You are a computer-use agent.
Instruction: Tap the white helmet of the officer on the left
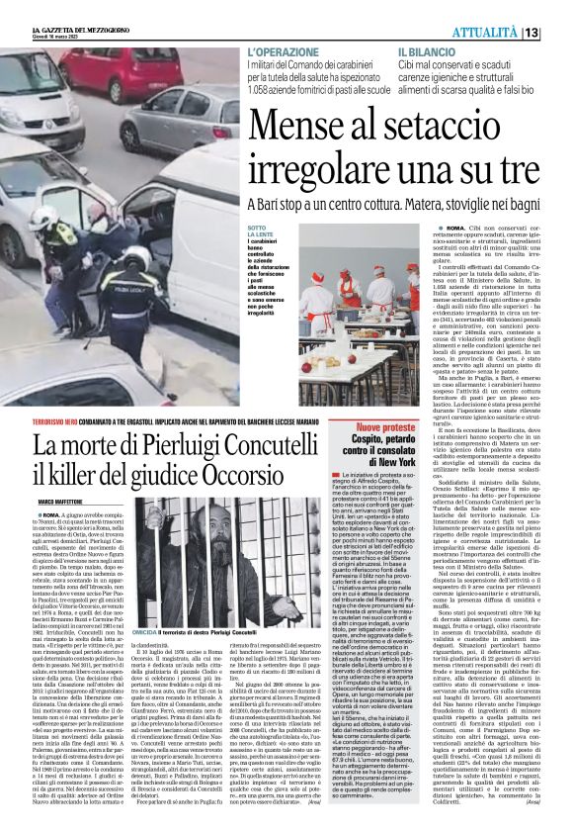point(45,215)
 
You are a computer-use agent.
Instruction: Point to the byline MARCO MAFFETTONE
point(63,475)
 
